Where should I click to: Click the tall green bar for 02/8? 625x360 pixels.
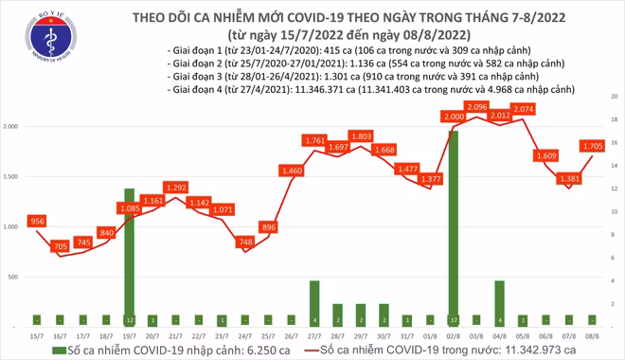[453, 227]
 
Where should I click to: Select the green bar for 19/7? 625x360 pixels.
[129, 256]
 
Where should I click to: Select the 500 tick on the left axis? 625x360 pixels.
[15, 277]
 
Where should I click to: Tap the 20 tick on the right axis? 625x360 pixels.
[615, 97]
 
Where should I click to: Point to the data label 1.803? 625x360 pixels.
[360, 136]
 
